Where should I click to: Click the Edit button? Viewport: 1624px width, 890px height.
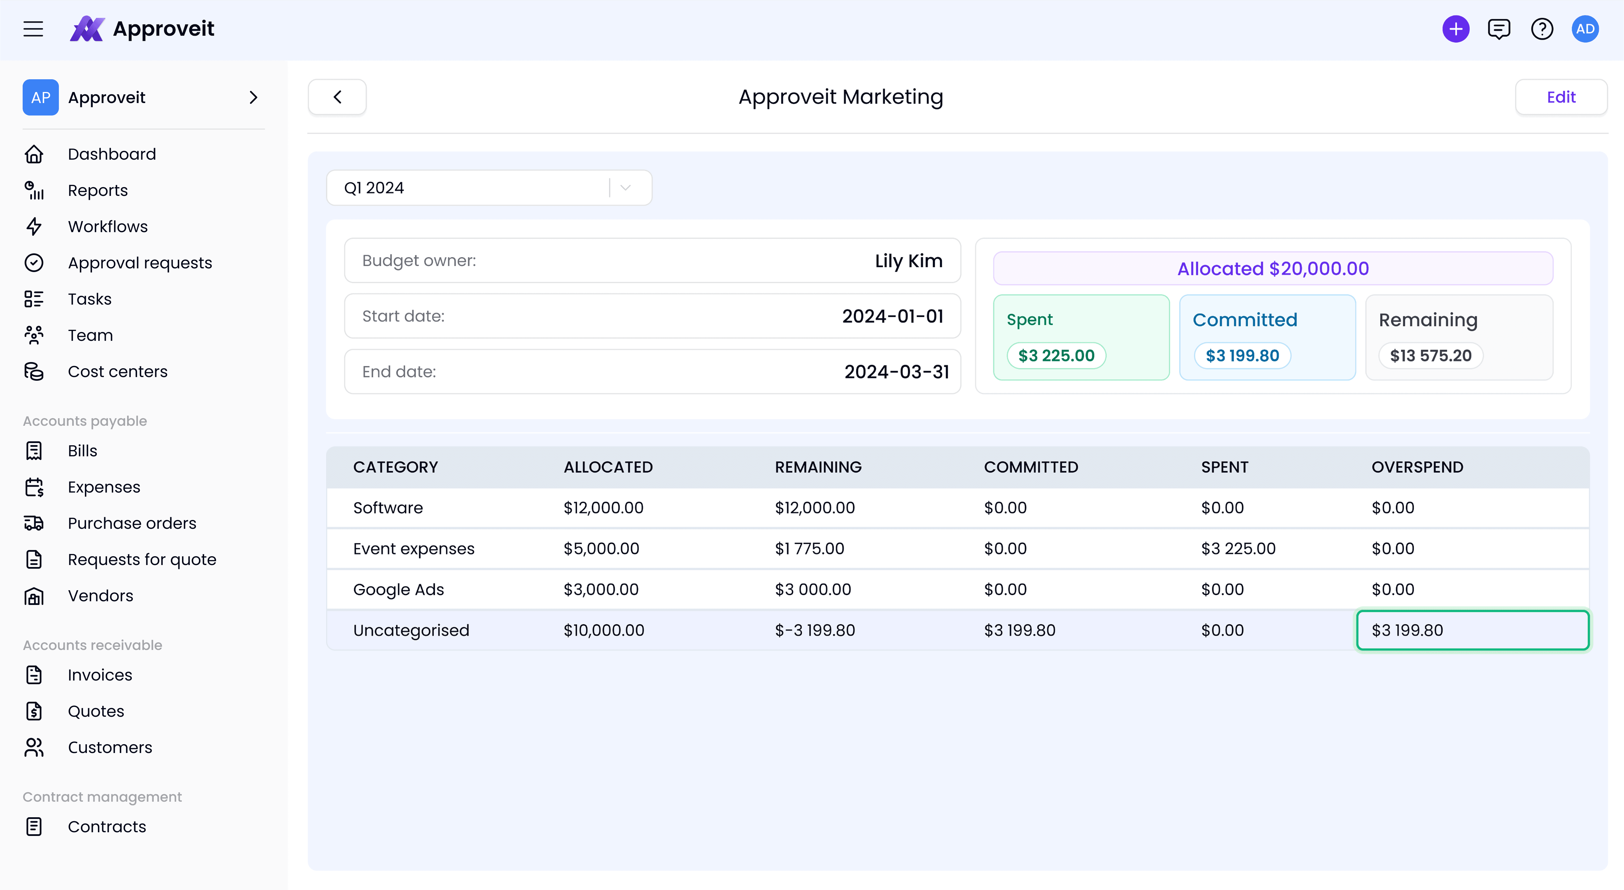[x=1561, y=97]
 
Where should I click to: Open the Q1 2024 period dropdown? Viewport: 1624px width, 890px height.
[x=489, y=188]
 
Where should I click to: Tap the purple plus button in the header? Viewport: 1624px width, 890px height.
[x=1456, y=29]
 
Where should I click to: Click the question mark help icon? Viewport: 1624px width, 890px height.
[x=1542, y=29]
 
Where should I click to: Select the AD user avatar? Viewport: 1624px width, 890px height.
[x=1585, y=29]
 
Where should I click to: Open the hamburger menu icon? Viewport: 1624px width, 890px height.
[x=33, y=29]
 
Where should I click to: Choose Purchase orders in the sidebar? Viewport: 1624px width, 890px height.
[x=132, y=523]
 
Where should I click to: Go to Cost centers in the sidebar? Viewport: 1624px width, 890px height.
[x=117, y=371]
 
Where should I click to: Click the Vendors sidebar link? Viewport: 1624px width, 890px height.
[x=100, y=596]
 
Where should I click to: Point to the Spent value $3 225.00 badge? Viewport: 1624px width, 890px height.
[x=1057, y=356]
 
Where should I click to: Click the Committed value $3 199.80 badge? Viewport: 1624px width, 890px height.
[x=1243, y=356]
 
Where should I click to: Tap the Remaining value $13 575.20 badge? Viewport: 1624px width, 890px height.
[x=1431, y=356]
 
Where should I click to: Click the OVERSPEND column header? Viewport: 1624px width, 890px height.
[x=1417, y=467]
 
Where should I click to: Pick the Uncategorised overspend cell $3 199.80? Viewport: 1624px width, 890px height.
[x=1473, y=630]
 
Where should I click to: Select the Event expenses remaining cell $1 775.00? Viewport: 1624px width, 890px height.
[x=810, y=548]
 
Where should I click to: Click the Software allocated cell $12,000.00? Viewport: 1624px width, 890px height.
[x=603, y=508]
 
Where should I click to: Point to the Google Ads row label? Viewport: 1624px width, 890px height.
[x=399, y=589]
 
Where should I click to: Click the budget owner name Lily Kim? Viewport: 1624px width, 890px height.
[x=908, y=261]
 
